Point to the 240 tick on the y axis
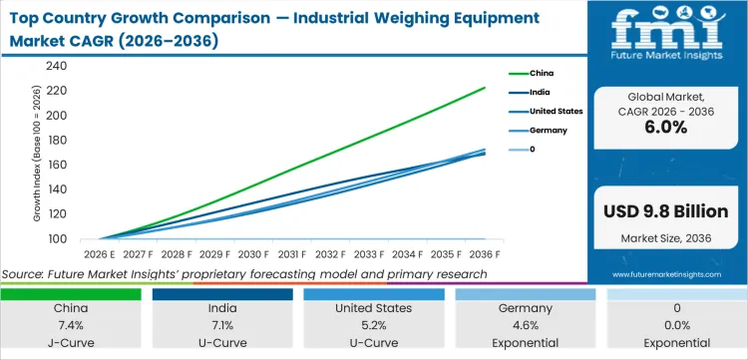56,66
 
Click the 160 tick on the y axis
56,165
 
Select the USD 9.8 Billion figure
666,211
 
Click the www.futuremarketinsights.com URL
666,273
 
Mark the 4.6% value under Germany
527,325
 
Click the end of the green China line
486,88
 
